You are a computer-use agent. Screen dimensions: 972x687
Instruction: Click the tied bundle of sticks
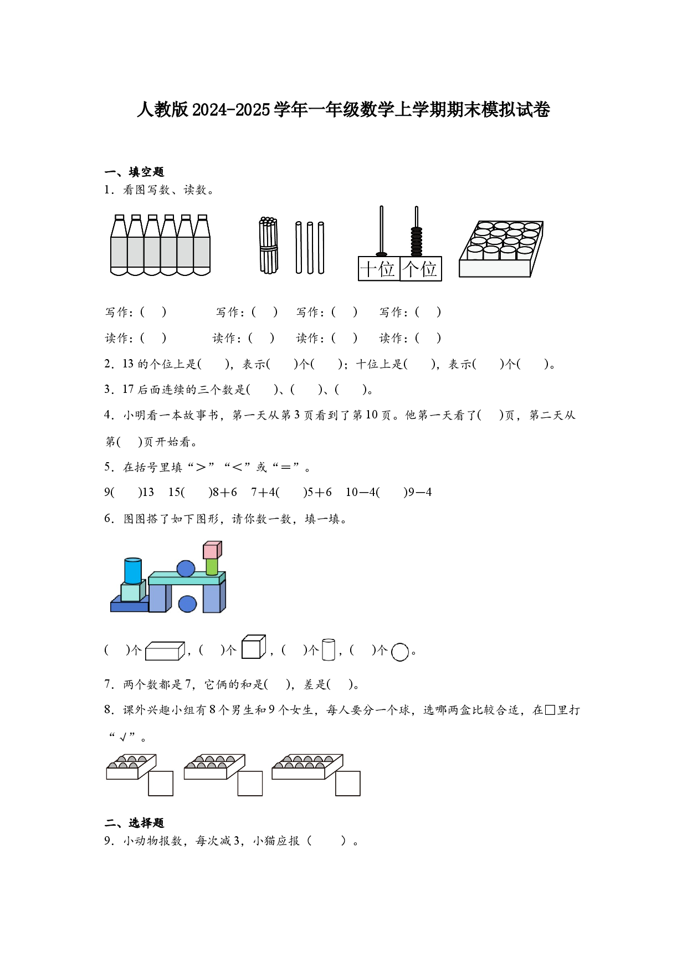pos(268,245)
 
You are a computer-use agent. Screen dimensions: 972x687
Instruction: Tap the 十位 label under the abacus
pos(378,269)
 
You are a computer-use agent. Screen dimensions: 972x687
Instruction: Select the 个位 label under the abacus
pos(421,269)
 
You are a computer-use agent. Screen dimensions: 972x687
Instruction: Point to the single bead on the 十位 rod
pos(381,254)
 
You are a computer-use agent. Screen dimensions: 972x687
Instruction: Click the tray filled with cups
pos(500,249)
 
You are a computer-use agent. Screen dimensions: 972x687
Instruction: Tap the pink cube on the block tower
pos(212,550)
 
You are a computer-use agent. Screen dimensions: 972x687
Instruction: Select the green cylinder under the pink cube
pos(212,566)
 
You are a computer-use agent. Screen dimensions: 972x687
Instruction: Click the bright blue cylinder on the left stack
pos(133,570)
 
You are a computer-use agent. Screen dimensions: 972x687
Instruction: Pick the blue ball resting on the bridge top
pos(186,569)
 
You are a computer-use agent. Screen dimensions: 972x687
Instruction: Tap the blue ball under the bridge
pos(188,603)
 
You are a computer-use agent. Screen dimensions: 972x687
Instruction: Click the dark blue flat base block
pos(129,606)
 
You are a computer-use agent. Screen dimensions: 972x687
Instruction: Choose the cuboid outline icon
pos(164,651)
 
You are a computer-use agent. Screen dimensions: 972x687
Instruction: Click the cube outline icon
pos(253,647)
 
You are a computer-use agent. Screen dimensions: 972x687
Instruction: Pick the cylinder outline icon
pos(329,649)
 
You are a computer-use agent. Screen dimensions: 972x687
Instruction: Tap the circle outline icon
pos(399,652)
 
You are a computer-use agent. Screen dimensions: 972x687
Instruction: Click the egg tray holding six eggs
pos(130,766)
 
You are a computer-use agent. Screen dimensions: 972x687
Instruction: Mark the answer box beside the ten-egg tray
pos(348,783)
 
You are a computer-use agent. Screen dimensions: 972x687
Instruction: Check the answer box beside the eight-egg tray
pos(250,783)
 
